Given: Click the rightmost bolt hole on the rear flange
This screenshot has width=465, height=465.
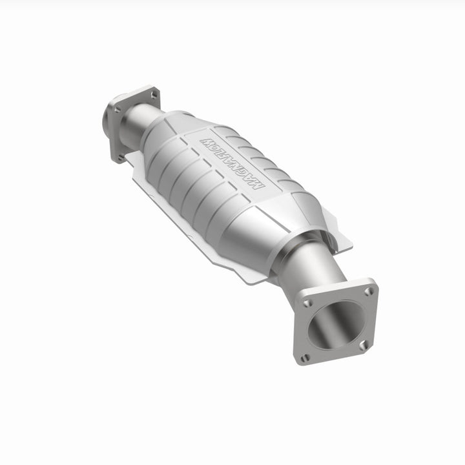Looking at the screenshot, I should (154, 95).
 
